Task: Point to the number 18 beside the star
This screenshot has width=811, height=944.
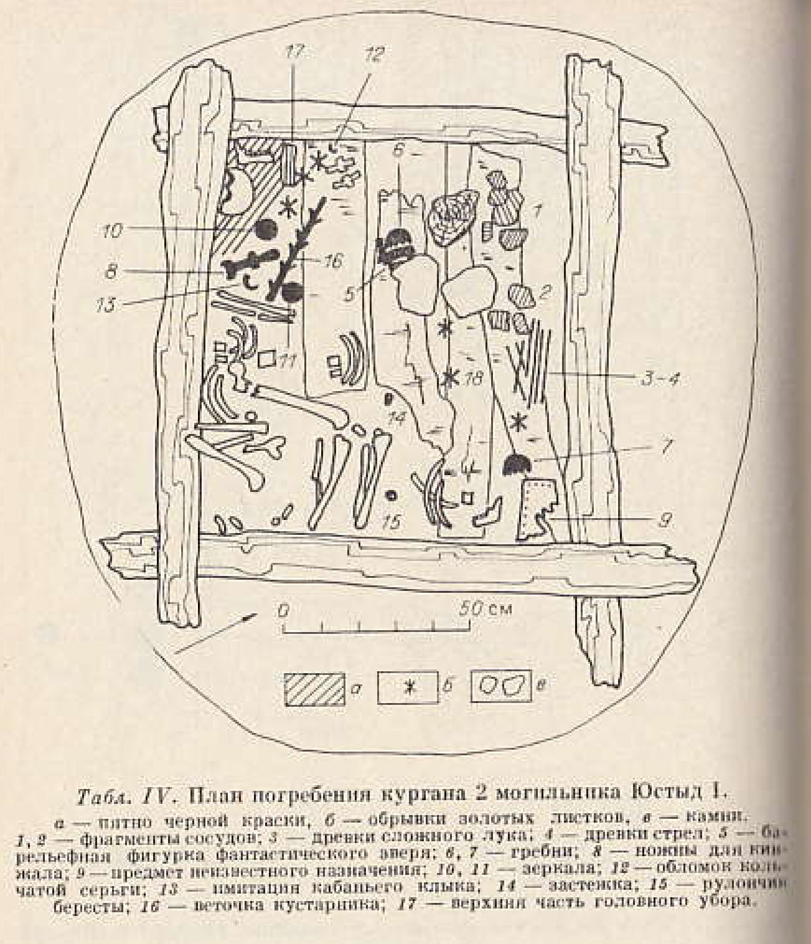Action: coord(472,379)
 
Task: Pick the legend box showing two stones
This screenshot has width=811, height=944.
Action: coord(501,687)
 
